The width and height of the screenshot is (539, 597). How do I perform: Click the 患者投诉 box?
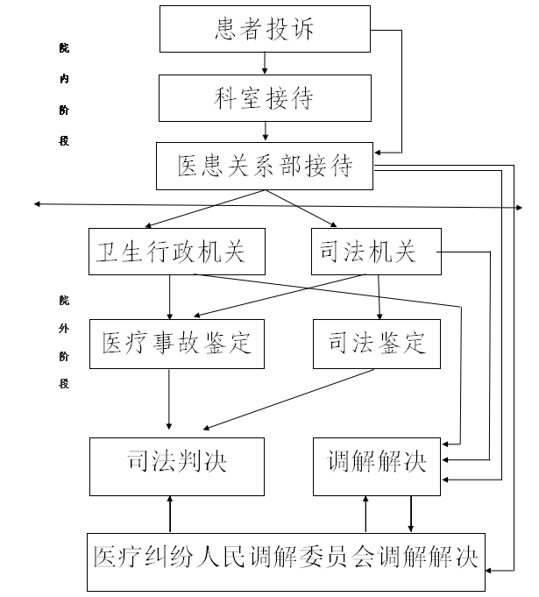264,29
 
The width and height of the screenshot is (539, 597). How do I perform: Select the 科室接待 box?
264,96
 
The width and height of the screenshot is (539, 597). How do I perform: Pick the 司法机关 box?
375,252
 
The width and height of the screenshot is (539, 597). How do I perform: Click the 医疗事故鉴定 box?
176,342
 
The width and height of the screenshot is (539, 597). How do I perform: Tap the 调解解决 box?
377,461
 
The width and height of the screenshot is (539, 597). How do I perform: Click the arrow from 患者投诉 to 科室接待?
264,63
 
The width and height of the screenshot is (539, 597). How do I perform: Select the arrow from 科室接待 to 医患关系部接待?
264,131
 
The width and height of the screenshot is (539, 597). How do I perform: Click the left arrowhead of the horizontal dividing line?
38,204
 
